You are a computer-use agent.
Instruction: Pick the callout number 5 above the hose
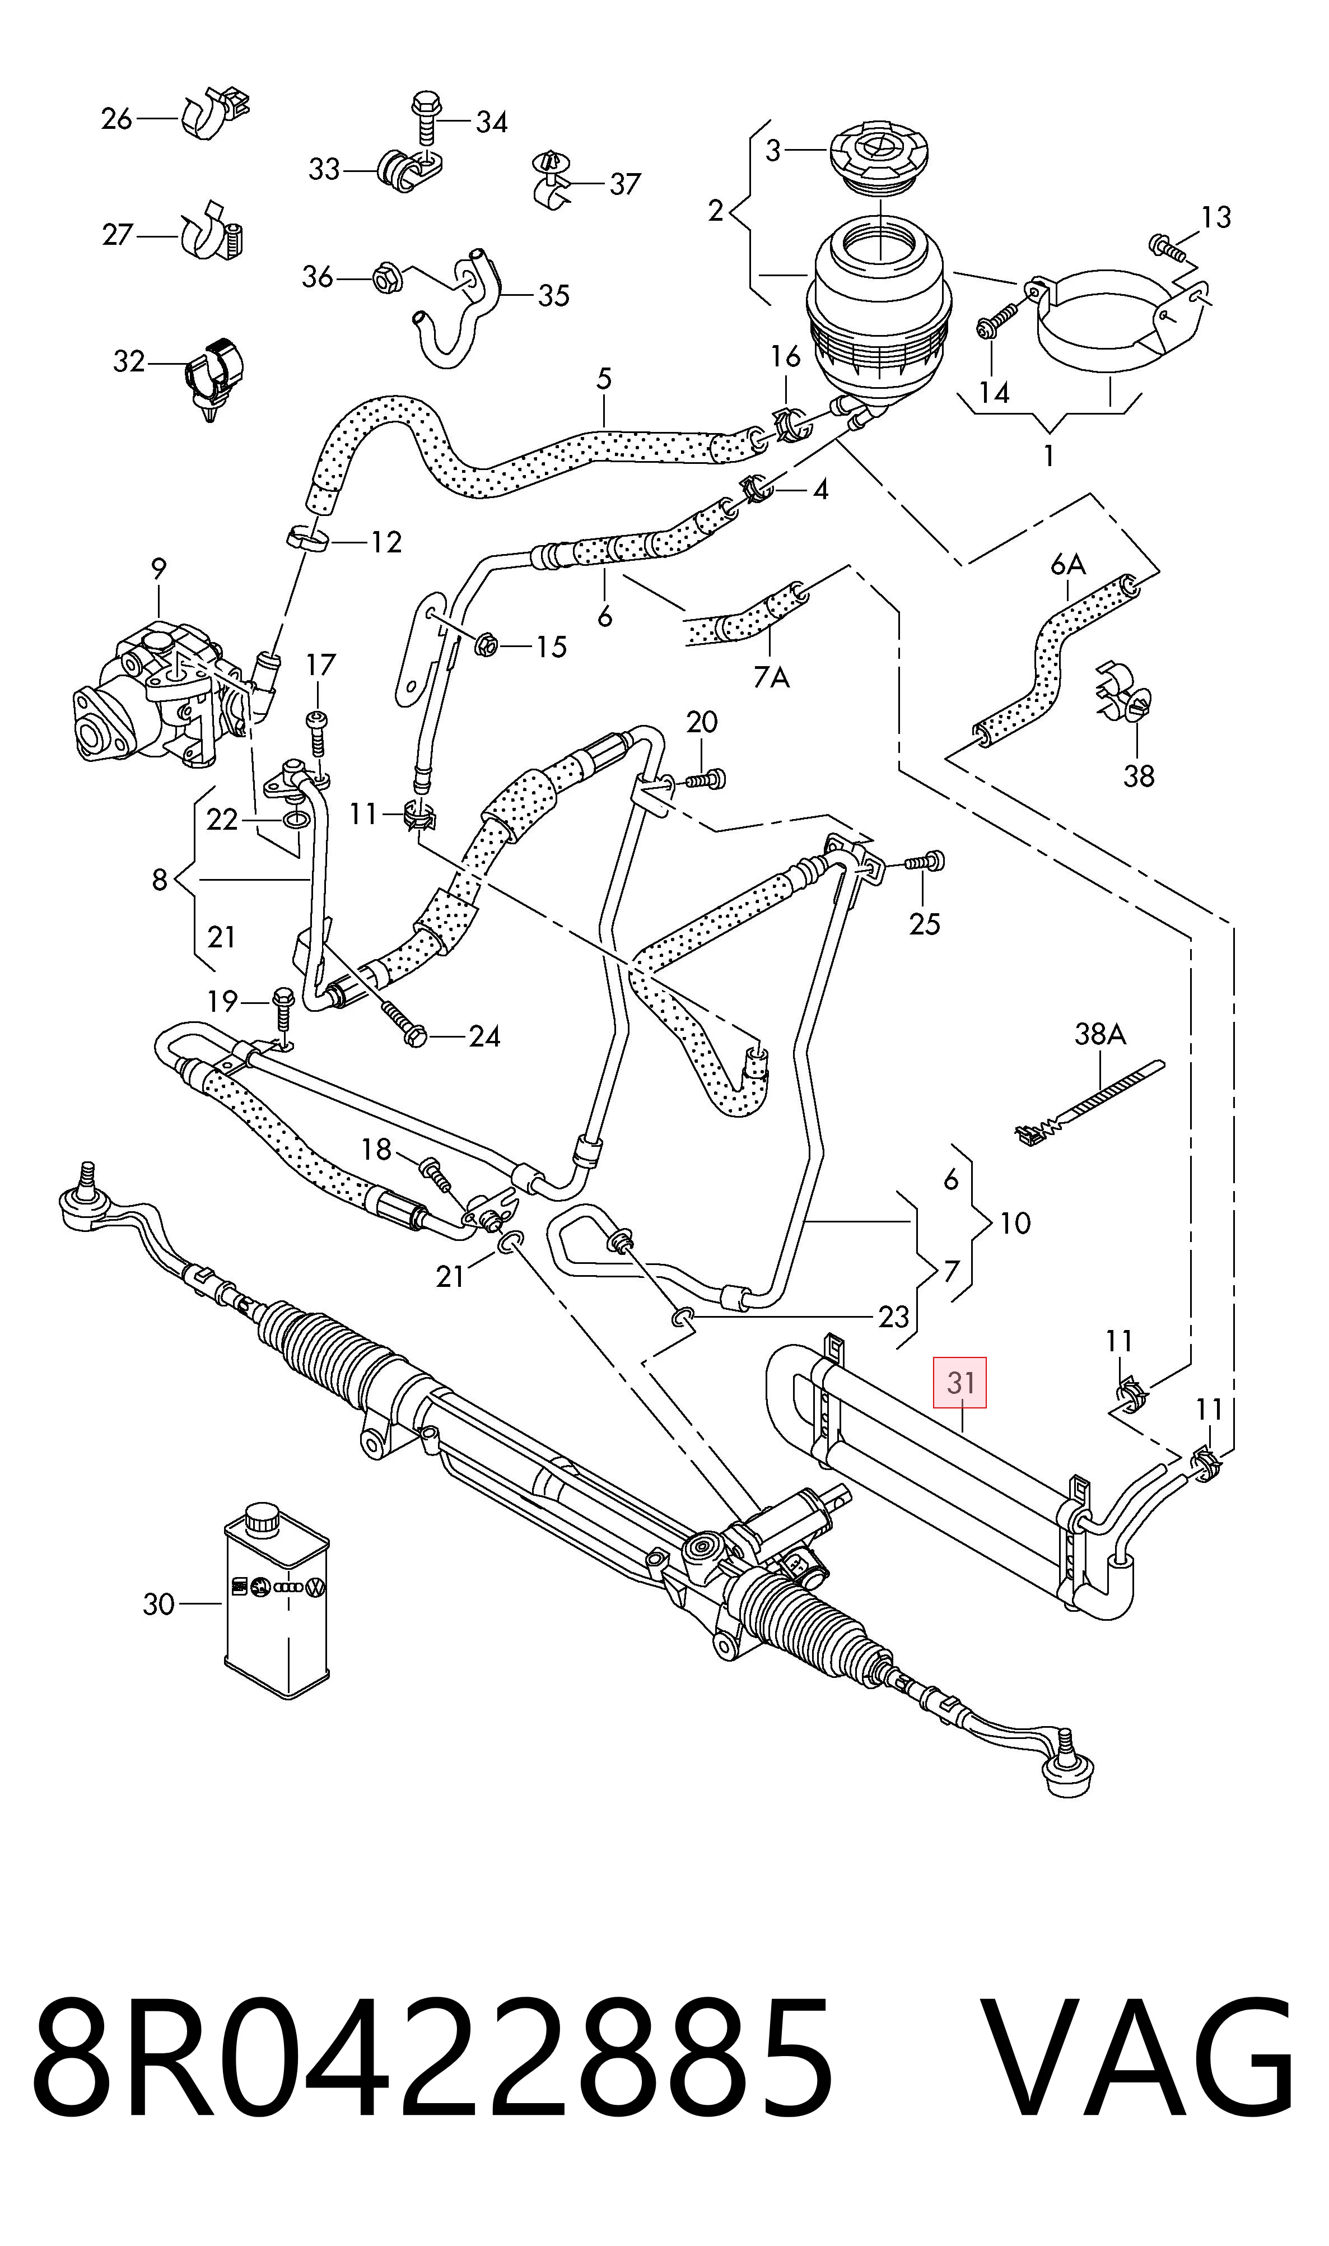(604, 379)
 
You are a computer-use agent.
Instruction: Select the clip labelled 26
(217, 112)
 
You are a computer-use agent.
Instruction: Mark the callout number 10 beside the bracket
(1015, 1223)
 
